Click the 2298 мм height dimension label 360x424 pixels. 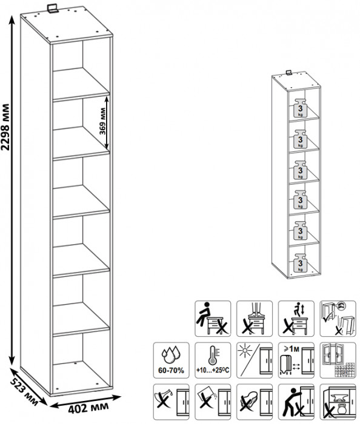[5, 127]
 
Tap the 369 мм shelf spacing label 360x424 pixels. [102, 121]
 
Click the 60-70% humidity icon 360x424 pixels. [171, 360]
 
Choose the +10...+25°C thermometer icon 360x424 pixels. [213, 360]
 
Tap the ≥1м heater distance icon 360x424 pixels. [296, 360]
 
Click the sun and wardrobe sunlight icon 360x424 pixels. [255, 360]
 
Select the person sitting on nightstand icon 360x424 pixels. [213, 319]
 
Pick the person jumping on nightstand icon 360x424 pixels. [296, 319]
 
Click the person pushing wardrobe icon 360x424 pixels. [296, 402]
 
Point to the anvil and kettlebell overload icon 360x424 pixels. [338, 402]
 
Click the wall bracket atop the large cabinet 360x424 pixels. [52, 8]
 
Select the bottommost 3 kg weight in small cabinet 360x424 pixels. [300, 262]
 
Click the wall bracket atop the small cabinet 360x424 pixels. [289, 73]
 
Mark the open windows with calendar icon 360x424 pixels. [338, 360]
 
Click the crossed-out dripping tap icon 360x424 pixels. [171, 402]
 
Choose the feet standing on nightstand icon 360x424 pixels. [255, 319]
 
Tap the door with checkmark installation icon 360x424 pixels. [338, 319]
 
